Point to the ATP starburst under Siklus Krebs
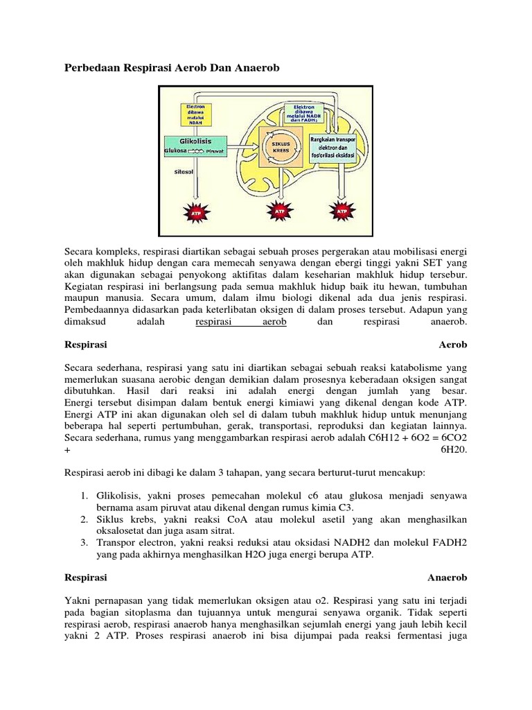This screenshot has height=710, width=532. pyautogui.click(x=280, y=212)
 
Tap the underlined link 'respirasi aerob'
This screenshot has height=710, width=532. pyautogui.click(x=241, y=322)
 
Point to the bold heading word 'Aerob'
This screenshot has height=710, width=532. pyautogui.click(x=453, y=344)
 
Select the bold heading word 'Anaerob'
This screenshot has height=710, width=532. pyautogui.click(x=447, y=577)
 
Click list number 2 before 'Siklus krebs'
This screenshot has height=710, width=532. pyautogui.click(x=82, y=519)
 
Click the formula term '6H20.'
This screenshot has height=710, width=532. pyautogui.click(x=454, y=449)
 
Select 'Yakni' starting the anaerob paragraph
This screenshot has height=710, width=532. pyautogui.click(x=76, y=598)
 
